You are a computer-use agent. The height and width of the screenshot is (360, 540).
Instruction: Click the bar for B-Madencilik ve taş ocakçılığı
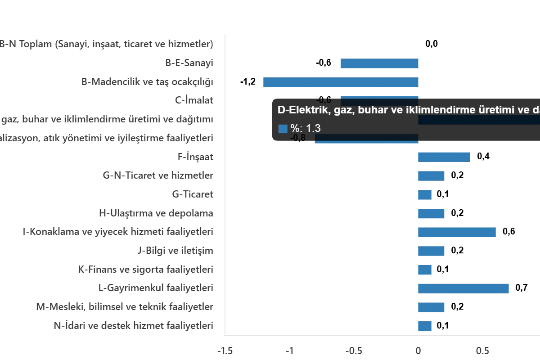coord(342,83)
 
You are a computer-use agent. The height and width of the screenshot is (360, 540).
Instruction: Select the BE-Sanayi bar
coord(380,63)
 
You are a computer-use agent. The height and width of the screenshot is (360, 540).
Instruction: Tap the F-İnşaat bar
coord(444,157)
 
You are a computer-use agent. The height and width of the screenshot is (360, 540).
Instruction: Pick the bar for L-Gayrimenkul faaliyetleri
coord(464,288)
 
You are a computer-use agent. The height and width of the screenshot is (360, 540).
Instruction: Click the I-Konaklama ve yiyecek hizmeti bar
coord(457,232)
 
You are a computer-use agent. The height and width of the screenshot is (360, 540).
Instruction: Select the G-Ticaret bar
coord(425,195)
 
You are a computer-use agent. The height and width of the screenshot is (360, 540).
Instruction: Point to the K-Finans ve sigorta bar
coord(425,270)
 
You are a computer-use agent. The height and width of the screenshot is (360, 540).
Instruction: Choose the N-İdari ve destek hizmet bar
coord(425,326)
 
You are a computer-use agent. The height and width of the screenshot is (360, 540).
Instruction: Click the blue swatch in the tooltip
coord(283,129)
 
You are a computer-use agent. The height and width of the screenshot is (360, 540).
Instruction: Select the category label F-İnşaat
coord(196,157)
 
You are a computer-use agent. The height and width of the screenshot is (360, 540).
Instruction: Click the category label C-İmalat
coord(194,100)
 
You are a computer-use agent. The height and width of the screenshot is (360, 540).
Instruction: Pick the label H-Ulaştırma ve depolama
coord(157,214)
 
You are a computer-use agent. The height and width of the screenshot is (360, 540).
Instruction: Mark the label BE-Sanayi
coord(191,63)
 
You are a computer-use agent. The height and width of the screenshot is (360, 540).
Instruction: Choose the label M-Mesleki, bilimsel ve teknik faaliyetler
coord(126,307)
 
